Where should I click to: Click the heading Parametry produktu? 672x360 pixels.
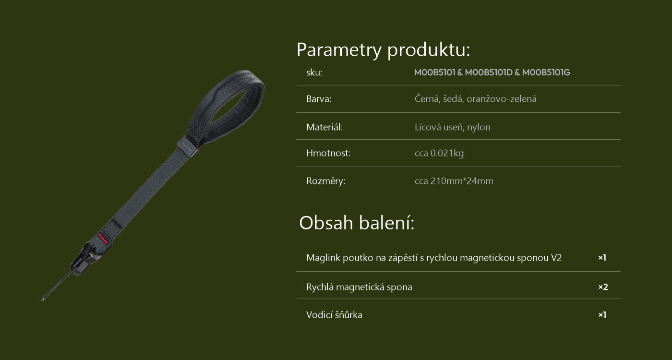[383, 50]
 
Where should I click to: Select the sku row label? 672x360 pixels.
[314, 72]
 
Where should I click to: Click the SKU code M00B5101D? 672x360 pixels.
[489, 72]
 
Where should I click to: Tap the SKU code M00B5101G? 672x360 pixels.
[546, 72]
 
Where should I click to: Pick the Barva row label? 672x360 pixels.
[319, 99]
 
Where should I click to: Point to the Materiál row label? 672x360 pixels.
[324, 127]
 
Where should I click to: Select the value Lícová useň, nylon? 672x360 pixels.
[452, 127]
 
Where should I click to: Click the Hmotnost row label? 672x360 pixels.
[328, 153]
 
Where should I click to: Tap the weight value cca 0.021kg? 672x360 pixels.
[439, 153]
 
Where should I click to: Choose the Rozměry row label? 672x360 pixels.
[325, 181]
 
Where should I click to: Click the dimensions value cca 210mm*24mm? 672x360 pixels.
[454, 181]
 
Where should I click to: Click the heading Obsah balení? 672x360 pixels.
[356, 223]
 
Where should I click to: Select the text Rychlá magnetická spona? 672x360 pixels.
[359, 287]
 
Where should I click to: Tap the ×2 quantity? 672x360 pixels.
[603, 287]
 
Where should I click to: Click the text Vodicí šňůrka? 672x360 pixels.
[334, 315]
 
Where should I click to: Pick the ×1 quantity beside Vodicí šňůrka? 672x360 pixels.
[602, 315]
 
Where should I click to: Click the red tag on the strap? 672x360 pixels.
[103, 239]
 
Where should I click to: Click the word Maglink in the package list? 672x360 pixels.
[323, 258]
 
